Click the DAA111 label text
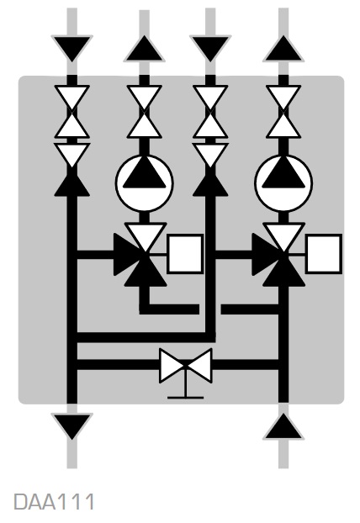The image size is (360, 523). [54, 501]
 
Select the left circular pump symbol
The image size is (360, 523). [145, 182]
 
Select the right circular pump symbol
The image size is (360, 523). [283, 182]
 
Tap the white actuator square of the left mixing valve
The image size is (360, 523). [185, 254]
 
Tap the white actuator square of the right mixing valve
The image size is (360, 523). [324, 254]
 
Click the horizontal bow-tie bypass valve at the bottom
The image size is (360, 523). [186, 366]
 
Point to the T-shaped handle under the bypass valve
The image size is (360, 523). [186, 390]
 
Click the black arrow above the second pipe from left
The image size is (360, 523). [145, 49]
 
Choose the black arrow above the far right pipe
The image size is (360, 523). [283, 49]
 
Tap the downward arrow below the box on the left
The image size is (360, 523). [71, 426]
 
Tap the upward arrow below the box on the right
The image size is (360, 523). [283, 426]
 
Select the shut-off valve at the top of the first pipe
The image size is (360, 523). [71, 112]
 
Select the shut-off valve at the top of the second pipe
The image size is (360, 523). [145, 112]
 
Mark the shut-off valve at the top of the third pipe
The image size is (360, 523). [210, 112]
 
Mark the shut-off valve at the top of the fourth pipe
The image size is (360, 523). [283, 112]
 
